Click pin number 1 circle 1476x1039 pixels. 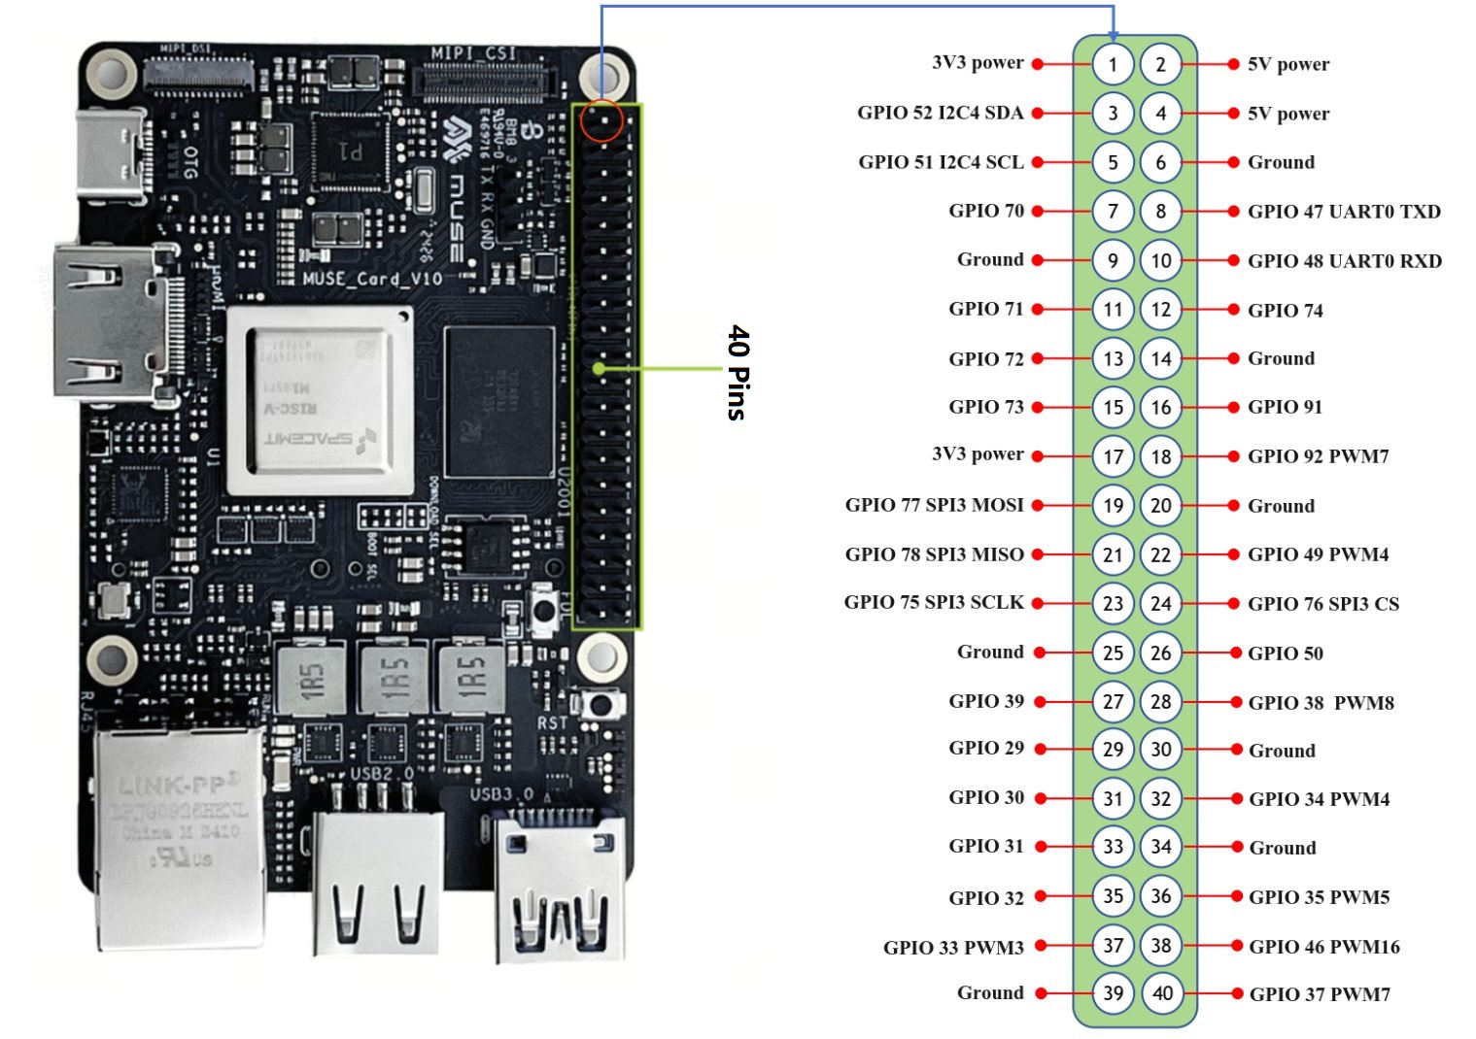[x=1113, y=65]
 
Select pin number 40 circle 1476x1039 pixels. [x=1162, y=993]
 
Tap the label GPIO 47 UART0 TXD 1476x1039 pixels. [x=1343, y=212]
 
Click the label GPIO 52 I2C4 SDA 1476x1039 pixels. [x=940, y=113]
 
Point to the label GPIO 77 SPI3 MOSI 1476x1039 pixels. [x=934, y=505]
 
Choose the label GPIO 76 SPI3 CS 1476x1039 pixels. [x=1322, y=604]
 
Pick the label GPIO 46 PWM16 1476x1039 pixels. [x=1323, y=947]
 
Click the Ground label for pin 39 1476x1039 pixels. [x=990, y=992]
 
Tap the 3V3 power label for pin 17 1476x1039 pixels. [x=978, y=453]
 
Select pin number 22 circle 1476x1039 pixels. [x=1161, y=554]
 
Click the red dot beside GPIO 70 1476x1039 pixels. [x=1038, y=211]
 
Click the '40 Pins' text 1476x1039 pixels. [x=738, y=372]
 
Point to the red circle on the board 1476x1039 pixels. [x=601, y=121]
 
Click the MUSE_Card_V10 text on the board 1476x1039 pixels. [x=371, y=280]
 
